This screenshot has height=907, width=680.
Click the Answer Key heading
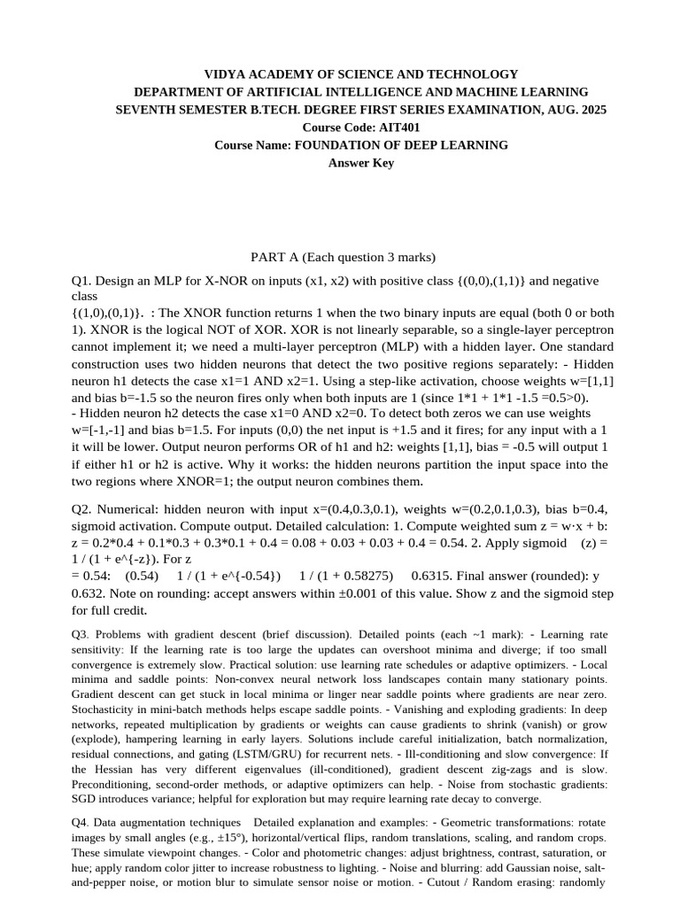pyautogui.click(x=361, y=163)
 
